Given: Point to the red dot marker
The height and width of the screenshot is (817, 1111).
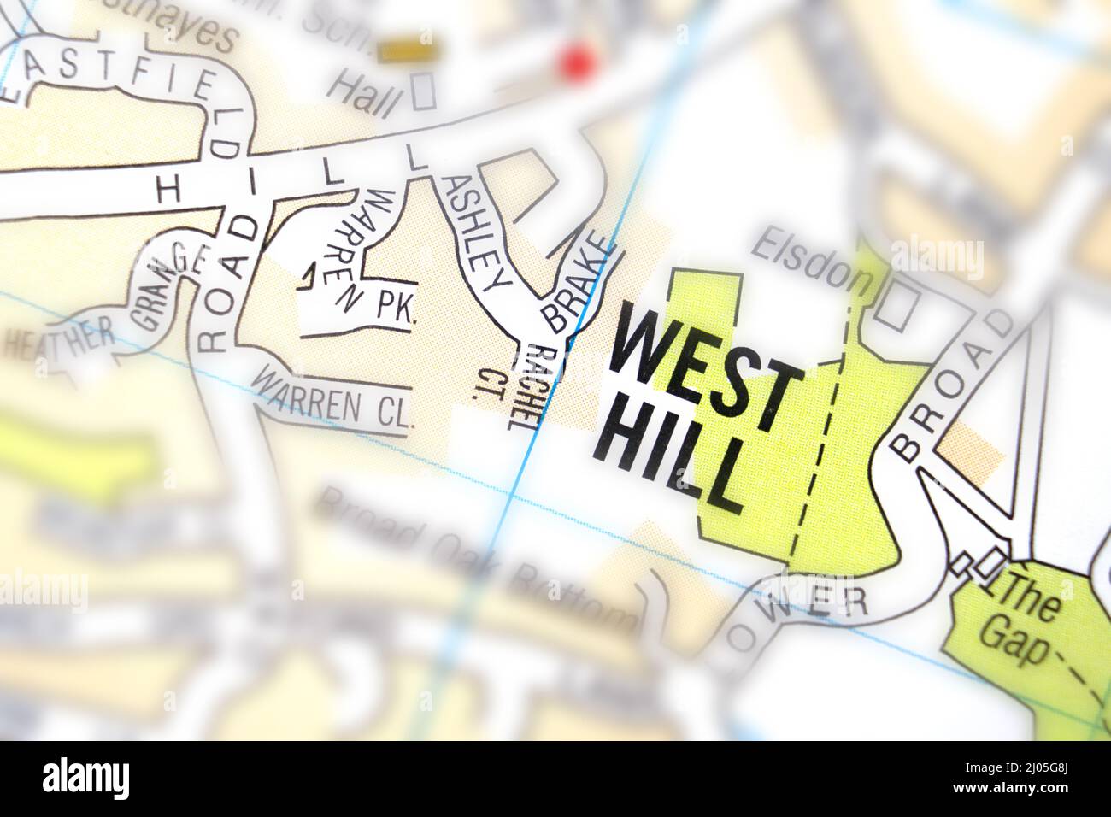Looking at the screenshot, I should [x=575, y=62].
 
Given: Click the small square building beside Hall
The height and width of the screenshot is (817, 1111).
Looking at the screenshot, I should [x=423, y=91].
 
